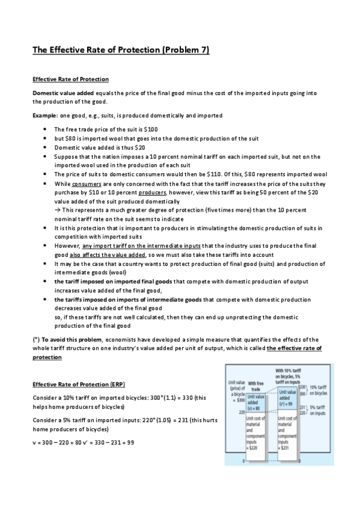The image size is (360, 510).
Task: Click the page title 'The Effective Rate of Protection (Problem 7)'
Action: coord(120,50)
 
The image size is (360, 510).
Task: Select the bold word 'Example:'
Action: coord(44,115)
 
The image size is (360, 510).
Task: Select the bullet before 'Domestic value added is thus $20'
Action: coord(46,147)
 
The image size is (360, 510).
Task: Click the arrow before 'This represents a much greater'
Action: coord(58,210)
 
